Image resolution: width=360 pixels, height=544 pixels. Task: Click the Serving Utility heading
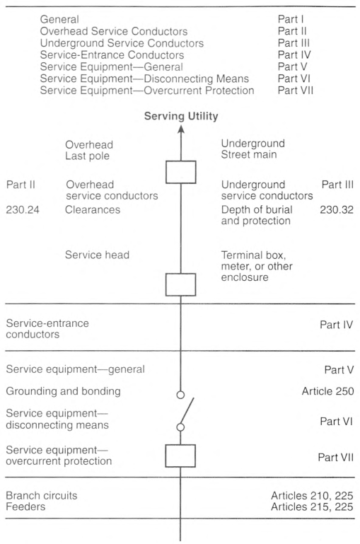[181, 116]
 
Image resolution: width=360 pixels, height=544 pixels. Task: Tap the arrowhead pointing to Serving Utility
[180, 129]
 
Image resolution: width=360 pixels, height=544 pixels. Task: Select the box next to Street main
[180, 172]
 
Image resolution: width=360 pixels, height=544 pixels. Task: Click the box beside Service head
[180, 284]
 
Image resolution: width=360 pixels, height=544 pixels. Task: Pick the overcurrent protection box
[180, 456]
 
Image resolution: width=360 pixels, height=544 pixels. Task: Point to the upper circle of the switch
[180, 395]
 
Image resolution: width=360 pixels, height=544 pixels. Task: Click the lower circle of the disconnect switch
[180, 427]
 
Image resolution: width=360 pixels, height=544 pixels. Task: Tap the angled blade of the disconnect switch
[187, 411]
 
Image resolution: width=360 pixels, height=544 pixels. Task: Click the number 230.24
[23, 209]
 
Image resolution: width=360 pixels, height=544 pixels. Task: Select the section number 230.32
[337, 209]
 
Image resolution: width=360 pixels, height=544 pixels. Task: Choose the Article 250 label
[327, 391]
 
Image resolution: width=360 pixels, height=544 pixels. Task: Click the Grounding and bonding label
[63, 391]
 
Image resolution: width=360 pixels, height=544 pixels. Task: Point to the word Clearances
[93, 209]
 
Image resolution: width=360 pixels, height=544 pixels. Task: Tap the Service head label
[97, 255]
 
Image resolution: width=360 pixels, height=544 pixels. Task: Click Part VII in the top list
[295, 91]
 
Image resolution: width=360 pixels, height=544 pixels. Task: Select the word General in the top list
[59, 19]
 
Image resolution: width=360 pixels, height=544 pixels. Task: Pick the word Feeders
[25, 507]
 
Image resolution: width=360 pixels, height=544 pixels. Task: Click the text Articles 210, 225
[312, 495]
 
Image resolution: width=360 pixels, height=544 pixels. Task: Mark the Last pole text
[88, 156]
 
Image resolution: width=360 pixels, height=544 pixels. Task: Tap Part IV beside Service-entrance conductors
[336, 325]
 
